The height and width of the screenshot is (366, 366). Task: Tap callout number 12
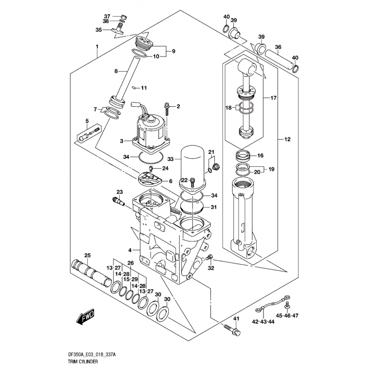click(x=287, y=140)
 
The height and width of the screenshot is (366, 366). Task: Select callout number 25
click(x=88, y=255)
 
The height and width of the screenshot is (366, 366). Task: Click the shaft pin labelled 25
click(x=91, y=268)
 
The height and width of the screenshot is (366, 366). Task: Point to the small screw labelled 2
click(x=167, y=109)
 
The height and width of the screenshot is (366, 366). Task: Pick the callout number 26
click(x=130, y=263)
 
